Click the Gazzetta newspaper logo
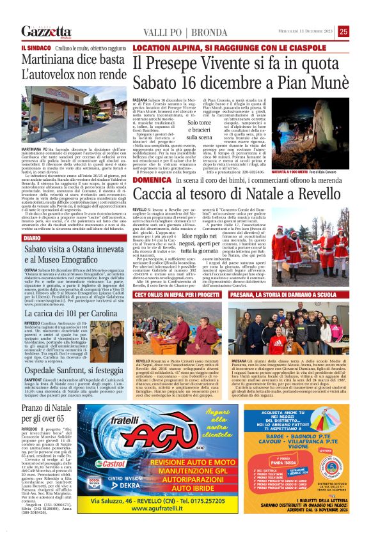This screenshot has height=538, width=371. click(x=46, y=31)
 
